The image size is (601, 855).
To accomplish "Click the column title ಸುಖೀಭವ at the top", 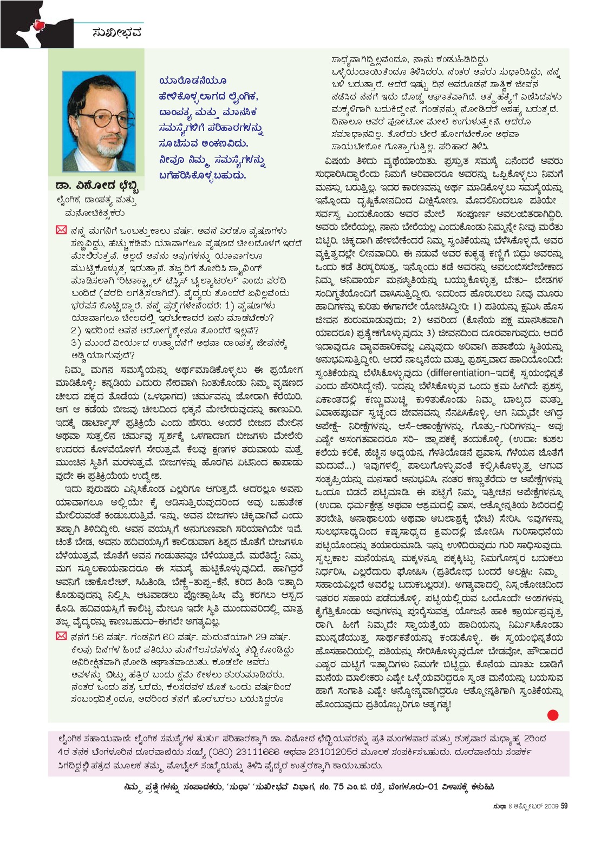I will pos(117,32).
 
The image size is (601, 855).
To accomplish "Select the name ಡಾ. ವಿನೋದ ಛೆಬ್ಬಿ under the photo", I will pos(97,186).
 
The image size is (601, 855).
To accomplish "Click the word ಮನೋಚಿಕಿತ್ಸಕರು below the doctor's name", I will pos(95,213).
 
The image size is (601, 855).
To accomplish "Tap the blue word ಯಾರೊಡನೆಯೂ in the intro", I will pos(193,81).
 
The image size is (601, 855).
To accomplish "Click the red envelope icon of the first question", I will pos(61,231).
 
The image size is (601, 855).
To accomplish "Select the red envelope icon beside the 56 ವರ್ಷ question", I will pos(61,636).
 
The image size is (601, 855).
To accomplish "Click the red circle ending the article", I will pos(552,715).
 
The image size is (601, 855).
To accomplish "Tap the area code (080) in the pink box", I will pos(223,752).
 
